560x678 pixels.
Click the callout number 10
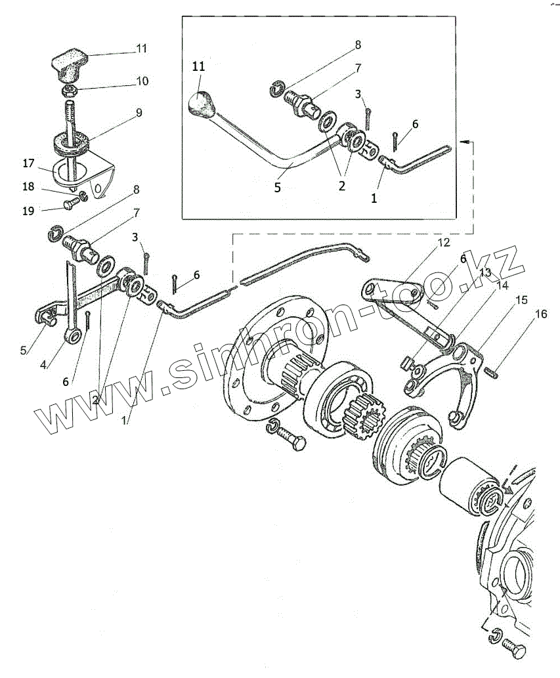[142, 81]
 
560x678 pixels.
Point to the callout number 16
[540, 315]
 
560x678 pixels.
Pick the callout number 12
[444, 243]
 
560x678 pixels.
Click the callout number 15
[521, 300]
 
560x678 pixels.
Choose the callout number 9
[139, 113]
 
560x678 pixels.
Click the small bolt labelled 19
[70, 204]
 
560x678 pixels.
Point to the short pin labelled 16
[493, 373]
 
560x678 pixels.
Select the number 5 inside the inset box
[278, 187]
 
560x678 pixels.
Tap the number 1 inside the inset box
[374, 196]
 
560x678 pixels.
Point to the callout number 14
[502, 285]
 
